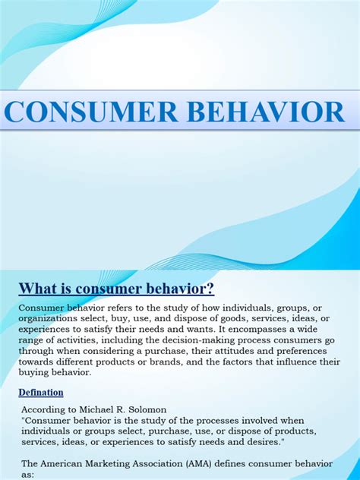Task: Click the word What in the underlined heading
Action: (38, 289)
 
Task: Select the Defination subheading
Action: (41, 393)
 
